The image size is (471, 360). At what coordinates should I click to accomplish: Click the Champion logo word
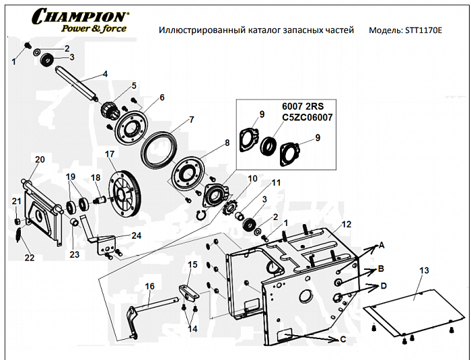(80, 15)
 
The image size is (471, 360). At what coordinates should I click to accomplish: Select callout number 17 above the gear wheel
(110, 154)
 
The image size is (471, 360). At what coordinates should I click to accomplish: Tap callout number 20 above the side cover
(40, 159)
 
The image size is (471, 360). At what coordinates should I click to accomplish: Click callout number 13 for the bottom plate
(423, 270)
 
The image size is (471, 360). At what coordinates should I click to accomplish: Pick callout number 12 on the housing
(346, 223)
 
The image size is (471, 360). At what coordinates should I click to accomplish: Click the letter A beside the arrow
(381, 246)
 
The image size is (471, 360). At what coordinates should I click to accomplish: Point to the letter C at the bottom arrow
(342, 340)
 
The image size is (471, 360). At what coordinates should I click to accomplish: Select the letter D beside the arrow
(384, 286)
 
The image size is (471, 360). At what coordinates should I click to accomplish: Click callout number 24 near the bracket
(137, 235)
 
